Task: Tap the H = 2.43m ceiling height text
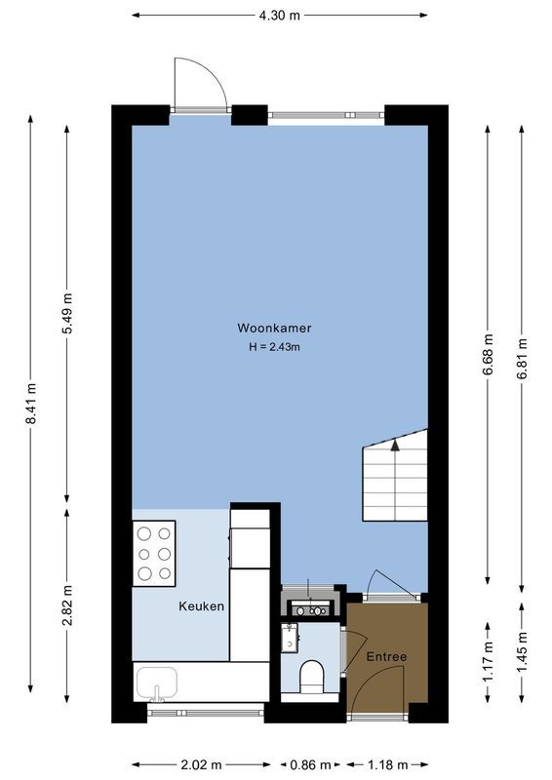tap(274, 346)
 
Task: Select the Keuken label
tap(202, 606)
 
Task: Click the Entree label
tap(386, 657)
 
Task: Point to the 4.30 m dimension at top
tap(279, 15)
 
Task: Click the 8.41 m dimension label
tap(31, 402)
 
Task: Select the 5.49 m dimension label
tap(67, 313)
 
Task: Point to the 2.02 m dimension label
tap(202, 764)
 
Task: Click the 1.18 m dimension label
tap(388, 764)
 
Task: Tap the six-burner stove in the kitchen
tap(154, 553)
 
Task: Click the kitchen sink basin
tap(157, 683)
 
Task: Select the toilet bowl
tap(312, 675)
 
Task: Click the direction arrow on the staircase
tap(395, 446)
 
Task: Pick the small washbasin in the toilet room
tap(290, 639)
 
